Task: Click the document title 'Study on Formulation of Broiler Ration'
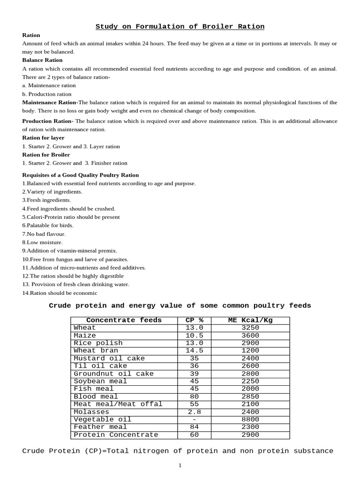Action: [x=180, y=27]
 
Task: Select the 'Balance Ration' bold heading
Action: [x=42, y=60]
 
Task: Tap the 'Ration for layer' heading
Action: [x=44, y=138]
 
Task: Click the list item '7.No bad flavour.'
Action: [x=44, y=234]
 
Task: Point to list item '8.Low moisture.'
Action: [x=42, y=242]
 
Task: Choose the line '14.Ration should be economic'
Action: [x=60, y=293]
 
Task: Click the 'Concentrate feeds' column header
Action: [x=124, y=321]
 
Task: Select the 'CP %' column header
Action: [x=195, y=321]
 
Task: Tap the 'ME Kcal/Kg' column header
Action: [x=250, y=321]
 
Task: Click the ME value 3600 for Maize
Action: [x=250, y=336]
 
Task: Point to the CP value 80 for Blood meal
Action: [x=195, y=397]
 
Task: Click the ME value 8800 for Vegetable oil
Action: [x=250, y=420]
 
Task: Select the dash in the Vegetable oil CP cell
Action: [x=195, y=420]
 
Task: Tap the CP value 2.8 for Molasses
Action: [x=195, y=412]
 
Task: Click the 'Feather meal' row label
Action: [x=97, y=427]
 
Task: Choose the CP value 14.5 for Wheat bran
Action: [x=195, y=351]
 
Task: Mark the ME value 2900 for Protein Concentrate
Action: [x=250, y=435]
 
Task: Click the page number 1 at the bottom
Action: [x=180, y=465]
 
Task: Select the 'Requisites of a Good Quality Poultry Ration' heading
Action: [x=81, y=175]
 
